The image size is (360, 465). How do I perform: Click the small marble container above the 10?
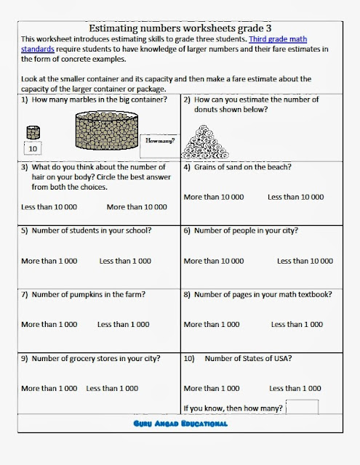32,133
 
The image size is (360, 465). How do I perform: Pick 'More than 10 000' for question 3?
136,207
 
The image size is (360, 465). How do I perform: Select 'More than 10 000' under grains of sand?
214,197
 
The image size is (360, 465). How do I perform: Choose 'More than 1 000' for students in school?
49,260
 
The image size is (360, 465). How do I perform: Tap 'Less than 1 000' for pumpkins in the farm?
124,324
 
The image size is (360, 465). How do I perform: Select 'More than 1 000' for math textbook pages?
212,324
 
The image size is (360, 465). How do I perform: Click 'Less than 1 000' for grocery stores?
113,389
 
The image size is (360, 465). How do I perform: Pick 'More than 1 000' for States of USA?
212,389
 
